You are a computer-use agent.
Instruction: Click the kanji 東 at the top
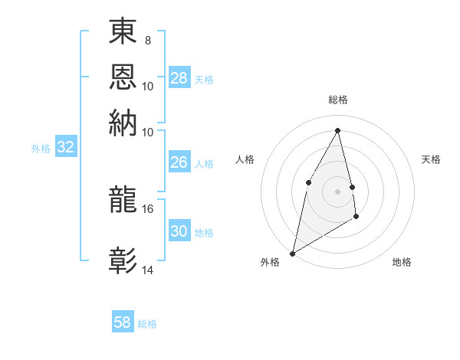(123, 32)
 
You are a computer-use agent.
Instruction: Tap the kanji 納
(123, 123)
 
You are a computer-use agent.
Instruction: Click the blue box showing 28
(179, 78)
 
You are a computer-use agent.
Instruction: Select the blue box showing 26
(179, 162)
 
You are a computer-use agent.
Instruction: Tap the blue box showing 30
(179, 231)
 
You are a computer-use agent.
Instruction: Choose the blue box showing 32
(65, 148)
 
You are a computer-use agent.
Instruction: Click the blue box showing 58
(123, 322)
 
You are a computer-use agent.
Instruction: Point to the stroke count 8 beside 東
(147, 40)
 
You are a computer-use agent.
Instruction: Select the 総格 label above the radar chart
(338, 100)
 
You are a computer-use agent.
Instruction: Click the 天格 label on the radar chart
(432, 159)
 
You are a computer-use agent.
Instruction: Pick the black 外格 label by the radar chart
(270, 262)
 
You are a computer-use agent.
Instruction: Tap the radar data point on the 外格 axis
(292, 253)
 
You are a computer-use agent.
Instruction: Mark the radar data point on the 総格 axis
(338, 130)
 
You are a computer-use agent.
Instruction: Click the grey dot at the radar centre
(338, 191)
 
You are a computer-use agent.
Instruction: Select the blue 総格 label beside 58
(147, 324)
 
